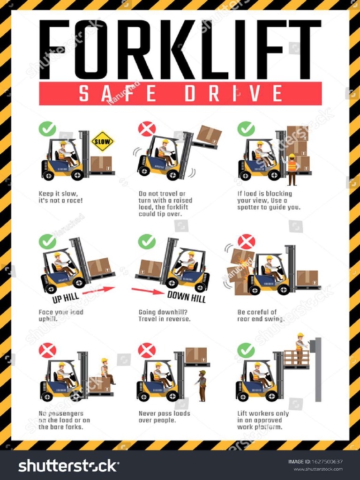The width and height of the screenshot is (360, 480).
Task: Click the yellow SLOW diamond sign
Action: pos(102,141)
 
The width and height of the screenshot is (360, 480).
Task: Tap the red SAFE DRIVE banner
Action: pos(180,93)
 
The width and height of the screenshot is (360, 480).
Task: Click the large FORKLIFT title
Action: pos(180,49)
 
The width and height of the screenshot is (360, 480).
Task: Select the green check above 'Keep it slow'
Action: pos(47,129)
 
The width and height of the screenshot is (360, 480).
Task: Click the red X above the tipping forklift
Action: pos(147,129)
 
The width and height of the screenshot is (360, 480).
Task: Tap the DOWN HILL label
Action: pos(187,296)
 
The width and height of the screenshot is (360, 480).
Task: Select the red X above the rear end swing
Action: pos(246,241)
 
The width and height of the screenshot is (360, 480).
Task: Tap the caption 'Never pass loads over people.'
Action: pos(164,417)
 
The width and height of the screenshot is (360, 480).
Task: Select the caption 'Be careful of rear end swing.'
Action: pos(261,315)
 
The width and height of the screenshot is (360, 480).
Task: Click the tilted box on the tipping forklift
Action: pos(209,135)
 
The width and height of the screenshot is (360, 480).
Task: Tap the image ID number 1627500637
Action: pos(324,462)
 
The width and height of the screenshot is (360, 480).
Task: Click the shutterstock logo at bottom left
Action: pos(68,465)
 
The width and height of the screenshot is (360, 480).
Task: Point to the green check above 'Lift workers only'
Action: pos(246,350)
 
